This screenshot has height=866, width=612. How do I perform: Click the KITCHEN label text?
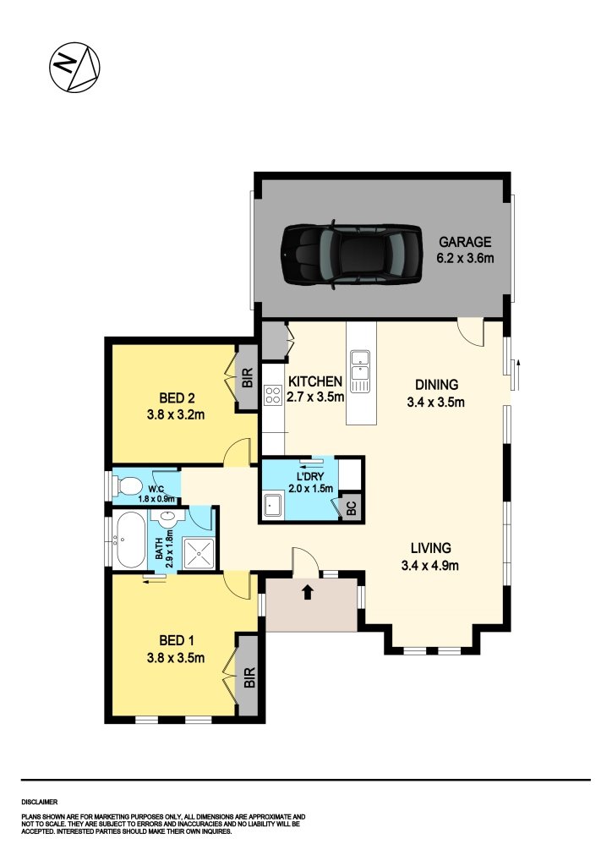pyautogui.click(x=314, y=381)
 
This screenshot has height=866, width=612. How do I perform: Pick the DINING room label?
pyautogui.click(x=435, y=382)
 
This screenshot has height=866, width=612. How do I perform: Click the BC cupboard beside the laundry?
pyautogui.click(x=351, y=508)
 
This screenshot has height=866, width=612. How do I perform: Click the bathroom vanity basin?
pyautogui.click(x=167, y=518)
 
